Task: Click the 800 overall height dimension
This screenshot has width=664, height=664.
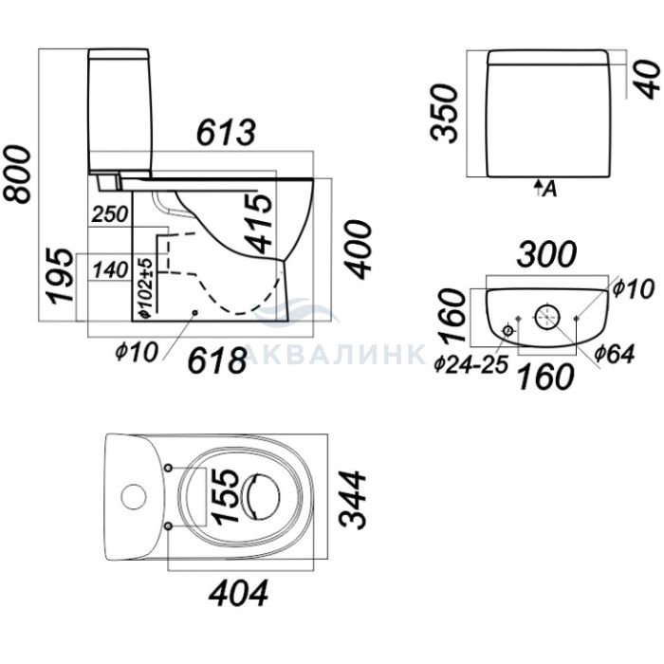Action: (17, 174)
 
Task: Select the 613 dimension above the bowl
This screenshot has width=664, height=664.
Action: (226, 132)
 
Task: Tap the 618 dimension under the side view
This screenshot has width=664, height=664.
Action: (217, 360)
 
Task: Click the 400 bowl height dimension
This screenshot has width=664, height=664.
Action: (358, 249)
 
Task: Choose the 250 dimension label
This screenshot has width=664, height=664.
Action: (110, 214)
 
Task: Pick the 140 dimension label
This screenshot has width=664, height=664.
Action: (110, 270)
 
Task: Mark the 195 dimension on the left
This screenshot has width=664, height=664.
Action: (60, 276)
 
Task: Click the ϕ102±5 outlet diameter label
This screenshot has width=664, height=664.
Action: (145, 287)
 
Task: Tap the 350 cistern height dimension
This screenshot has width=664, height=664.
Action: (444, 112)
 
